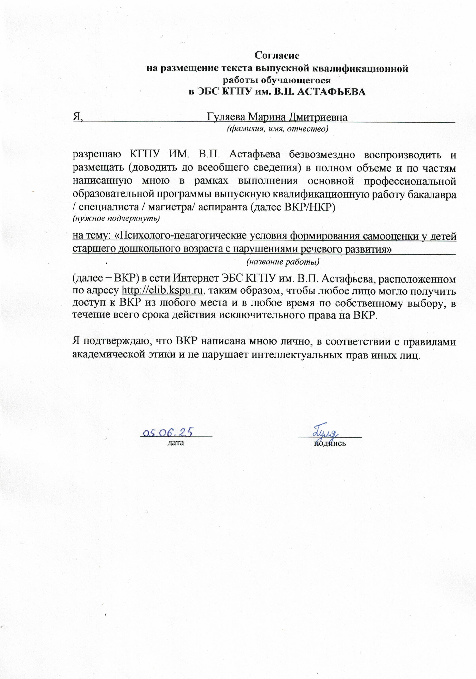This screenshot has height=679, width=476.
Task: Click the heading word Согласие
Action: pos(277,55)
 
